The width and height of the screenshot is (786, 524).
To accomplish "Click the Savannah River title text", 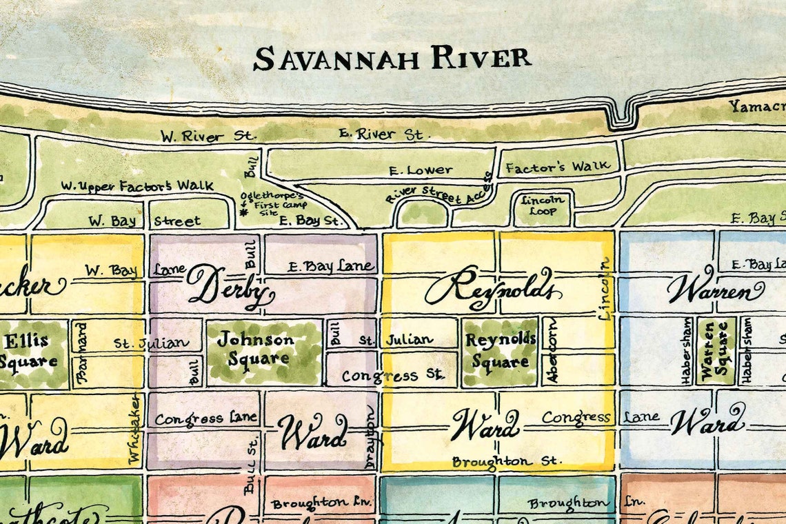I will click(x=392, y=59).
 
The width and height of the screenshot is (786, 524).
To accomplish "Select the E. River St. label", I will click(x=381, y=134).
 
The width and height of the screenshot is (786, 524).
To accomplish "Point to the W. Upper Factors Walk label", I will click(x=137, y=185).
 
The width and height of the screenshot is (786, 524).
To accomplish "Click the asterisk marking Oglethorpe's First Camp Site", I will click(x=243, y=213).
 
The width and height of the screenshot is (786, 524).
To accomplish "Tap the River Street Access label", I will click(x=439, y=188).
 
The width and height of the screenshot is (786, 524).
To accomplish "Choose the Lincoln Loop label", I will click(x=543, y=205).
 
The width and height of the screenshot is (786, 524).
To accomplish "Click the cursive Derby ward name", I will click(x=226, y=288).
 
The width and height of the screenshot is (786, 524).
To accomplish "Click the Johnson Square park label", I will click(x=255, y=348).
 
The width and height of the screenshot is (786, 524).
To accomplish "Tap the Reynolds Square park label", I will click(x=500, y=350).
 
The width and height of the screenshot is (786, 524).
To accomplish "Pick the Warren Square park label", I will click(x=715, y=350).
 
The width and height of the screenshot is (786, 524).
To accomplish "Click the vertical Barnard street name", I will click(x=83, y=352).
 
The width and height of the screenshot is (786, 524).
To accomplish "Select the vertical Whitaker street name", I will click(x=134, y=427).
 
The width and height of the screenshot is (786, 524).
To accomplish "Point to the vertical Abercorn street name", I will click(x=552, y=350).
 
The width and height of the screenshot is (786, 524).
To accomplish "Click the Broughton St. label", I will click(x=507, y=461).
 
